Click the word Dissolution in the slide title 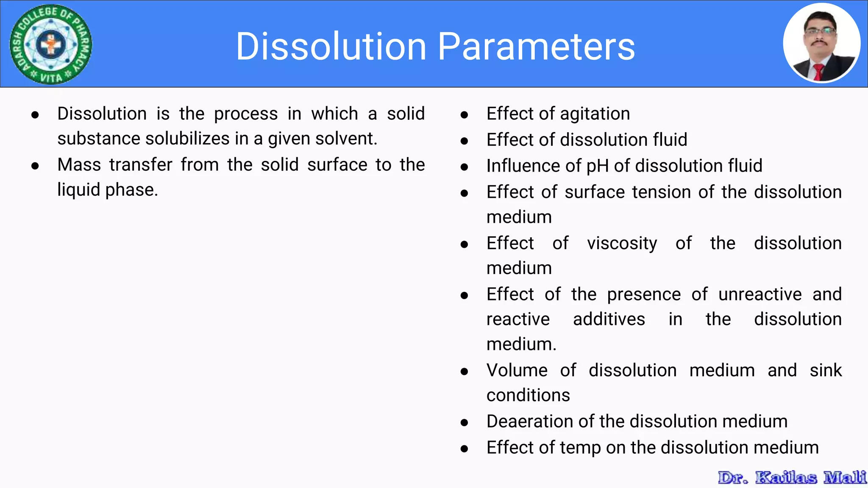pos(331,47)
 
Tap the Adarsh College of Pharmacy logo pos(51,44)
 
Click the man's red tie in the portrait pos(818,72)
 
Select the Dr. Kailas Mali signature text pos(792,477)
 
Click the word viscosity pos(622,244)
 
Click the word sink pos(825,370)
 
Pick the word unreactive pos(760,294)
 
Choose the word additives pos(609,319)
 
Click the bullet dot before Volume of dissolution pos(464,372)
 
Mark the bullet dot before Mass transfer pos(35,166)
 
